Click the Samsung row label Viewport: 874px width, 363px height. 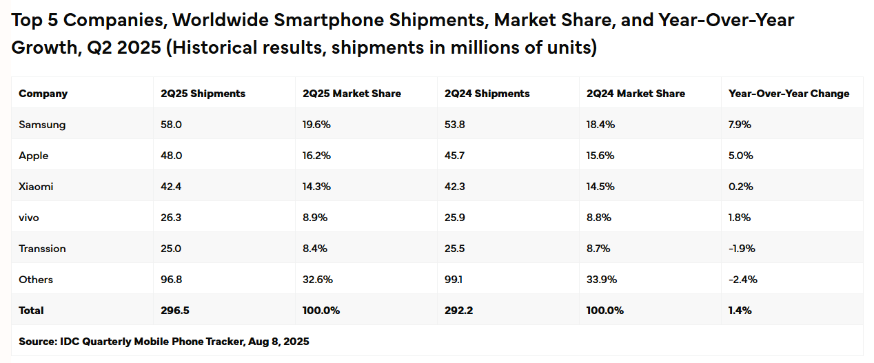(42, 125)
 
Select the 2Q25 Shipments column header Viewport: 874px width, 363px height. (203, 94)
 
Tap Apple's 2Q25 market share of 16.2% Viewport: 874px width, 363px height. (316, 156)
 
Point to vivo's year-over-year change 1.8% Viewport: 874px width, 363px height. (740, 218)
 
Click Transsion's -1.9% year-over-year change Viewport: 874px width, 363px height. (742, 249)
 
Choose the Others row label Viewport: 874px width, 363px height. (36, 280)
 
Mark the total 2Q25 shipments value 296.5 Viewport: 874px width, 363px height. (175, 311)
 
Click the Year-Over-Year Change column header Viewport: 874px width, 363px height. (789, 94)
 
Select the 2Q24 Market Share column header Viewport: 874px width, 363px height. (636, 94)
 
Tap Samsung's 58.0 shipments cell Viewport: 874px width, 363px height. (172, 125)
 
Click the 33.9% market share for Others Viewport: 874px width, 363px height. (601, 280)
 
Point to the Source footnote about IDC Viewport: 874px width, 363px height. (164, 341)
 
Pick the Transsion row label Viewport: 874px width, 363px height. (42, 249)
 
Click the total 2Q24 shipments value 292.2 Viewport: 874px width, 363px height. (459, 311)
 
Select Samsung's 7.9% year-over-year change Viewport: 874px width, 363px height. (740, 125)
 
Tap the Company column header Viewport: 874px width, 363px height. (43, 94)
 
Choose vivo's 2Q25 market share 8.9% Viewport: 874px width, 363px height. (315, 218)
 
